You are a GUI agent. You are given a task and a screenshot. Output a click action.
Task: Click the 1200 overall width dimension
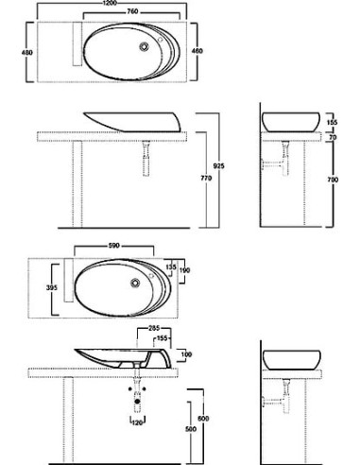click(x=110, y=3)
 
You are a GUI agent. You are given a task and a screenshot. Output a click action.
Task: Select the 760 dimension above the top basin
click(x=132, y=11)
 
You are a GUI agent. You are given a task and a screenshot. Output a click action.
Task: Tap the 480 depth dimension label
click(x=26, y=53)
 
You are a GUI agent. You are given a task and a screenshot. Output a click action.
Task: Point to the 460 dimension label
click(x=197, y=51)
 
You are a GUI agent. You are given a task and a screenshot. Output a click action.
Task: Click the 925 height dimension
click(x=219, y=166)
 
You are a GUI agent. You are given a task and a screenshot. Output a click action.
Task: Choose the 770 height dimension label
click(x=206, y=179)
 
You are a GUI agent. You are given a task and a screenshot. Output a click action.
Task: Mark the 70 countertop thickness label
click(x=333, y=137)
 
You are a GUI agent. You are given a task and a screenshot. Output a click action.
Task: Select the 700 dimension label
click(x=333, y=180)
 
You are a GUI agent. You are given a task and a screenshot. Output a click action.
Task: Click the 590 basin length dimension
click(x=113, y=246)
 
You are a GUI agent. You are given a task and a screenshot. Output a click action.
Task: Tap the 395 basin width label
click(x=52, y=288)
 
